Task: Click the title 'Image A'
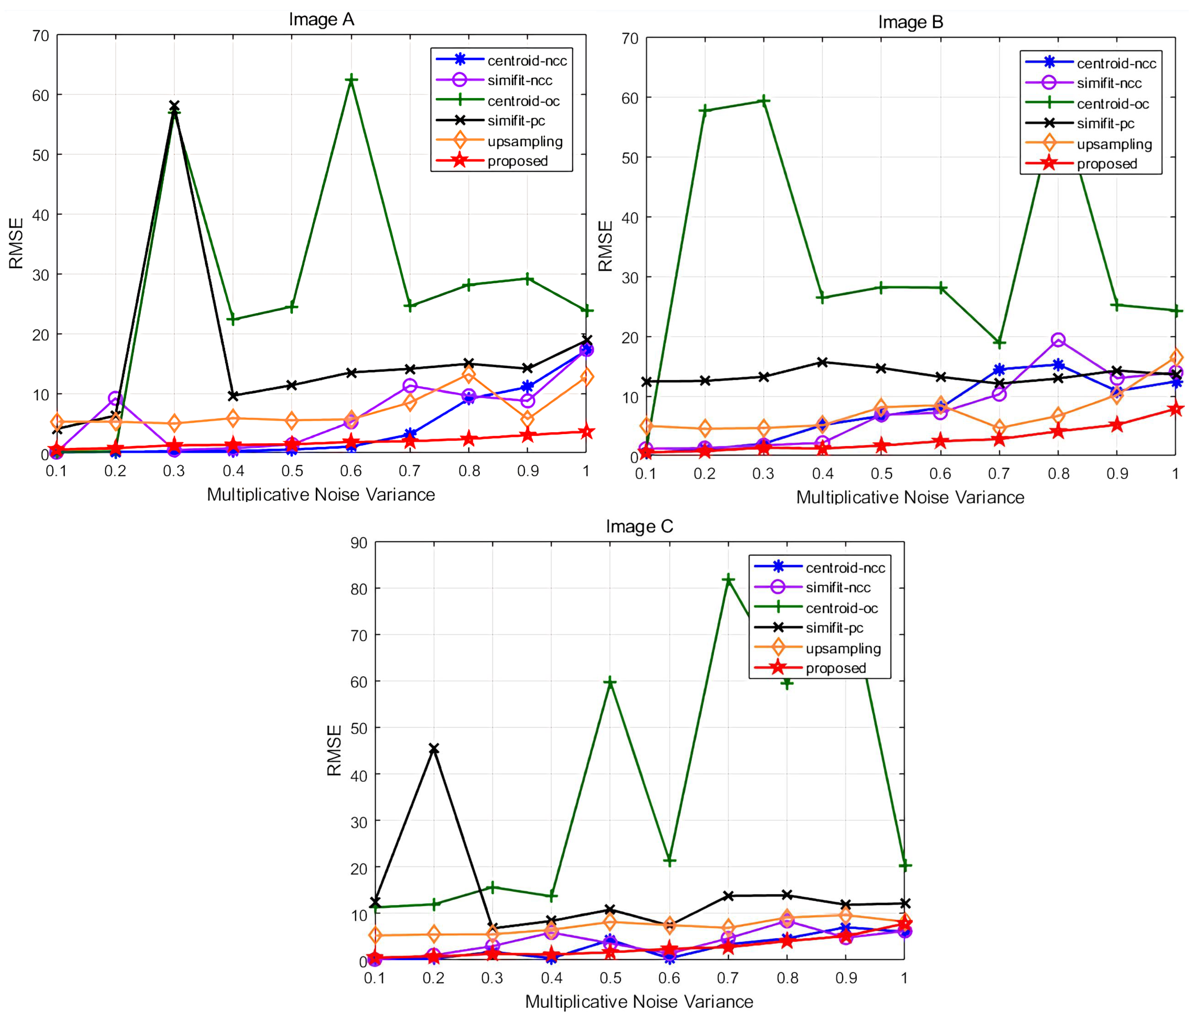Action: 321,19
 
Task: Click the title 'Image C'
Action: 639,526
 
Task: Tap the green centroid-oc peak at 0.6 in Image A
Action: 351,79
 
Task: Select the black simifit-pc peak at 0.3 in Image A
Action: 174,106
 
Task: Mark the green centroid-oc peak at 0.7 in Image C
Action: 728,580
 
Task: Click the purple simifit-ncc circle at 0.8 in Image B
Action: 1058,340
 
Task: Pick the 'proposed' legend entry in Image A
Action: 517,161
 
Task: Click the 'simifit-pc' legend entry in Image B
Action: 1105,124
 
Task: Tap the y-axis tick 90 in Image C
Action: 358,543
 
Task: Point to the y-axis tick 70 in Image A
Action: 40,36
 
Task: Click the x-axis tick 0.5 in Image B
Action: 881,474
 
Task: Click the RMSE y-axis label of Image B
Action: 605,246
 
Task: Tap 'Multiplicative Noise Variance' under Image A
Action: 321,494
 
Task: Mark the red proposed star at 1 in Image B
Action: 1175,408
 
